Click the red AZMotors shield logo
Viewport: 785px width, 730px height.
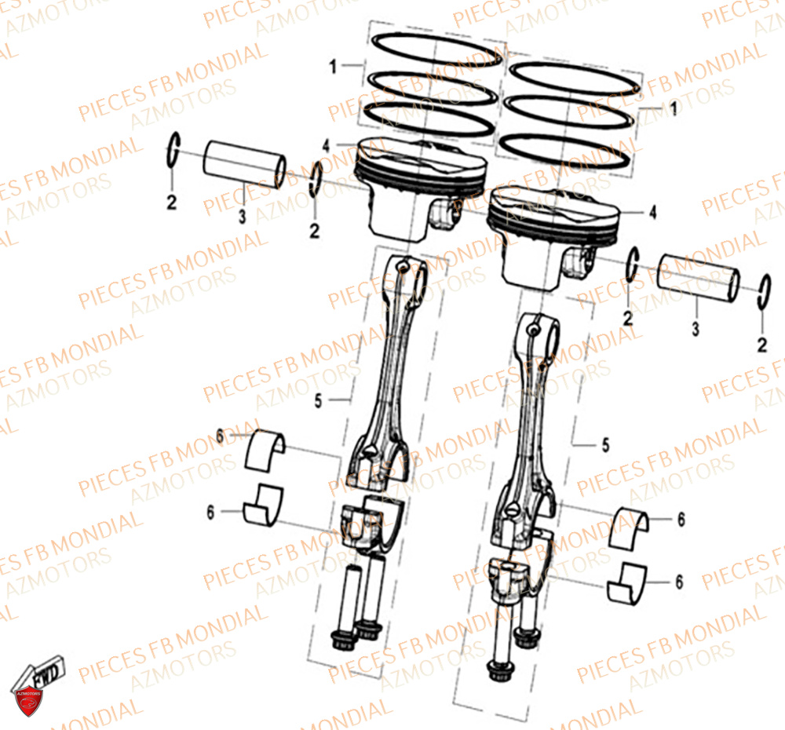[27, 694]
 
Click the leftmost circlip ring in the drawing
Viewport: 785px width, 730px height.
[173, 150]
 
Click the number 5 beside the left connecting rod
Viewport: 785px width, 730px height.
[318, 400]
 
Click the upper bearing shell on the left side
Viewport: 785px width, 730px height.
[266, 450]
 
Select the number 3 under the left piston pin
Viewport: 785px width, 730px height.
[243, 214]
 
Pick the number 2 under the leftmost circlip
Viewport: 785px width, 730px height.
[172, 203]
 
